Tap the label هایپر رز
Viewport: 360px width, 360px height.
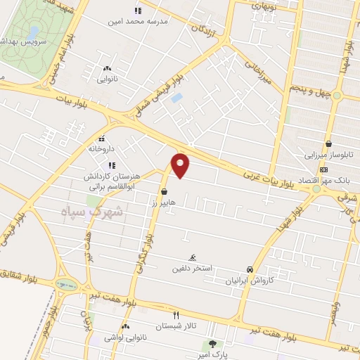click(163, 202)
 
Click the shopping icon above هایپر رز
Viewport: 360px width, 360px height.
click(164, 191)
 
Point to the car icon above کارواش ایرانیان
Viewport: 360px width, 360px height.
click(250, 269)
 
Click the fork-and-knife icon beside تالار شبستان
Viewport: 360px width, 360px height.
click(176, 315)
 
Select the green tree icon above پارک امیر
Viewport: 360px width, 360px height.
click(213, 344)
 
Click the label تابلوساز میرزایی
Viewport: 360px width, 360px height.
click(328, 154)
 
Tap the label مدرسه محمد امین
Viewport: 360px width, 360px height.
click(136, 21)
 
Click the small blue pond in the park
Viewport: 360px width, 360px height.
click(32, 33)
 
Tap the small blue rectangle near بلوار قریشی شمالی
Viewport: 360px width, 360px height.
click(176, 98)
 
